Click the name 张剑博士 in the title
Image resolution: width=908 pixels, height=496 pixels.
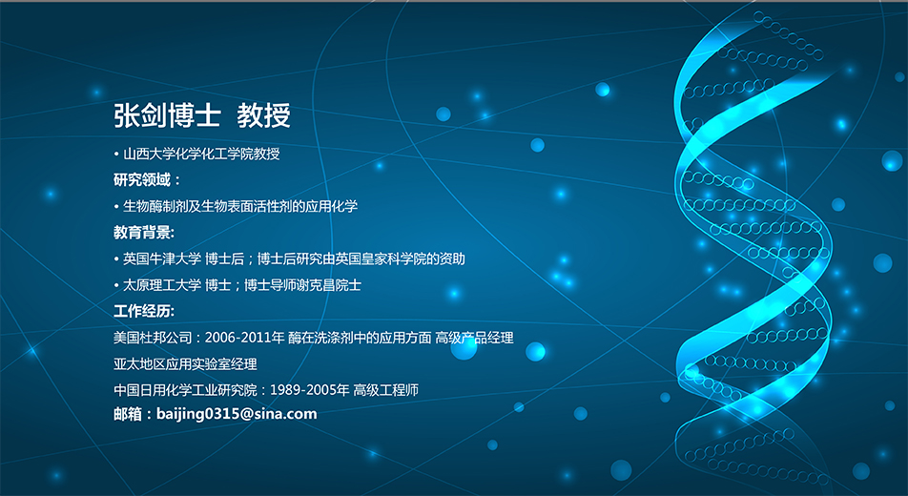pyautogui.click(x=167, y=115)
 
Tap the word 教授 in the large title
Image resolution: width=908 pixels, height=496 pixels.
pyautogui.click(x=263, y=115)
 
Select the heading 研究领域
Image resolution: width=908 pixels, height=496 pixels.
pyautogui.click(x=142, y=179)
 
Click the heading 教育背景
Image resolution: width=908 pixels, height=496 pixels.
pyautogui.click(x=142, y=233)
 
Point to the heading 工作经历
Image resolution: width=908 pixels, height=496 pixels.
pyautogui.click(x=142, y=311)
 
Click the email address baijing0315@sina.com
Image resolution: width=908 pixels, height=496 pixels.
pyautogui.click(x=237, y=414)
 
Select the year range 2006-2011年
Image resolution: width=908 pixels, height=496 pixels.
pyautogui.click(x=244, y=338)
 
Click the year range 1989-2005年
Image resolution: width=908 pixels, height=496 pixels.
pyautogui.click(x=310, y=390)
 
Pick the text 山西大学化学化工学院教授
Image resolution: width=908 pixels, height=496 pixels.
pyautogui.click(x=201, y=155)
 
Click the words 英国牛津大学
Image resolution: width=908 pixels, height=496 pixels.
pyautogui.click(x=162, y=259)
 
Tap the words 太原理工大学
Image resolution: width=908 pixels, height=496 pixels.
pyautogui.click(x=162, y=285)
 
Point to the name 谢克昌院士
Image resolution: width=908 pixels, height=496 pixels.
pyautogui.click(x=328, y=285)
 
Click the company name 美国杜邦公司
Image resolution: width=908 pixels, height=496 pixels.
pyautogui.click(x=153, y=338)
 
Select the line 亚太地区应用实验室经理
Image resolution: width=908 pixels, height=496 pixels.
pyautogui.click(x=185, y=364)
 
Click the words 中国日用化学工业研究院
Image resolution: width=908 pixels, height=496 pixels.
pyautogui.click(x=185, y=390)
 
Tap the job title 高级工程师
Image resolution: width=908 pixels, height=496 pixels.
pyautogui.click(x=385, y=390)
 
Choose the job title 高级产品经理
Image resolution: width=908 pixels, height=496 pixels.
pyautogui.click(x=474, y=338)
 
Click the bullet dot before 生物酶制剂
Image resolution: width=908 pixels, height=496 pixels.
pyautogui.click(x=116, y=207)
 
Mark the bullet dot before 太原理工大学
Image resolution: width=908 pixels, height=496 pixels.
pyautogui.click(x=116, y=285)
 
